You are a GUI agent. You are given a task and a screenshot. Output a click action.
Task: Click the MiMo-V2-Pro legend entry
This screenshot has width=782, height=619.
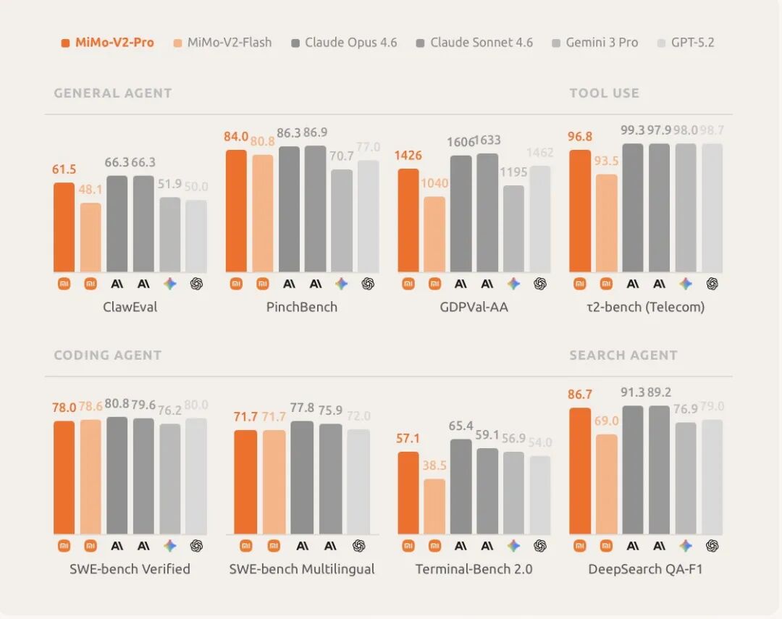coord(108,43)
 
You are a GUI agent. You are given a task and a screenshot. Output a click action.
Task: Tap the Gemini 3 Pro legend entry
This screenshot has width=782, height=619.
coord(594,43)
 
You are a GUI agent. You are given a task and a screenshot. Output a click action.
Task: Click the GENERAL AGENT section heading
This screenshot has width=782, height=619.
coord(113,93)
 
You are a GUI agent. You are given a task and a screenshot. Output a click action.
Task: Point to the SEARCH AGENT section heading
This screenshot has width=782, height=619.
coord(623,355)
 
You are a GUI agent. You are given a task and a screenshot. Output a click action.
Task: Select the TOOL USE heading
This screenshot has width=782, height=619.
coord(605,93)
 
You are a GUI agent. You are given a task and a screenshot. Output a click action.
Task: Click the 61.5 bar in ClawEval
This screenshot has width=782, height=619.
coord(64,227)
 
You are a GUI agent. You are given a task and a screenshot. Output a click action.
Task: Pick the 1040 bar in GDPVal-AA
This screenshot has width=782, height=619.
coord(434,235)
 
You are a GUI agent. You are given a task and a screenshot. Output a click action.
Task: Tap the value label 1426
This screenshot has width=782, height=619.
coord(408,156)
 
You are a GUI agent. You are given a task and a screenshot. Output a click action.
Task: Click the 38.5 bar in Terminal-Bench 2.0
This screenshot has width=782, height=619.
coord(434,507)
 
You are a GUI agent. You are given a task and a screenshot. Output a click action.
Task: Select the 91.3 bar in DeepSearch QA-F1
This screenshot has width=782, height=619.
coord(633,471)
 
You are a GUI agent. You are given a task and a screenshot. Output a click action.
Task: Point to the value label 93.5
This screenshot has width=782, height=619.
coord(606,161)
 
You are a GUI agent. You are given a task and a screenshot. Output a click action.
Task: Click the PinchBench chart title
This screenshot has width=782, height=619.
coord(302,307)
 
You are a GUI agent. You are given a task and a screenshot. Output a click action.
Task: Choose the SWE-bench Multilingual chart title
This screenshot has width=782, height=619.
coord(302,569)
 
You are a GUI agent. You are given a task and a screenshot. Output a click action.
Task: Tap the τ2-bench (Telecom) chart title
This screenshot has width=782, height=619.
coord(646,307)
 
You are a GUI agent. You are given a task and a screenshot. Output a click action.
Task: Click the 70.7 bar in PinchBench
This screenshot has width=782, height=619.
coord(342,221)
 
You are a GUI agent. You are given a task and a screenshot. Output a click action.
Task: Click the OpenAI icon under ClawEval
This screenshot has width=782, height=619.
coord(196,284)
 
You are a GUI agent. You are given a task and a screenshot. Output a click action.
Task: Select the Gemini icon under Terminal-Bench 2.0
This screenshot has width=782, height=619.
coord(513,546)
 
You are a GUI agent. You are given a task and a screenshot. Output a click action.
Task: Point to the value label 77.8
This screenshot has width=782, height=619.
coord(303,409)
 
